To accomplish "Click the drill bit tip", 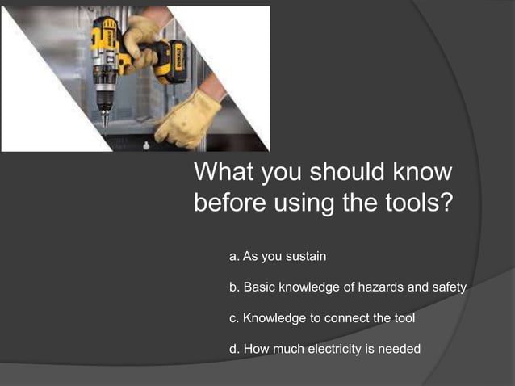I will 103,123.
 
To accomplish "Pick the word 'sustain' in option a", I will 304,257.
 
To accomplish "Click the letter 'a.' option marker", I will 235,257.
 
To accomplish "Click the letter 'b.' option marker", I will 235,287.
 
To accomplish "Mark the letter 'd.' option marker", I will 235,349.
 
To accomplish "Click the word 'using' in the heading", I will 304,202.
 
